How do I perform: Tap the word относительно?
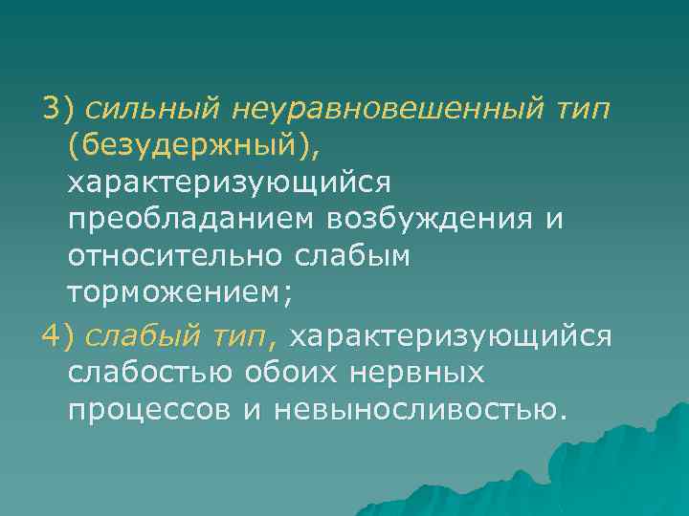pyautogui.click(x=171, y=256)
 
